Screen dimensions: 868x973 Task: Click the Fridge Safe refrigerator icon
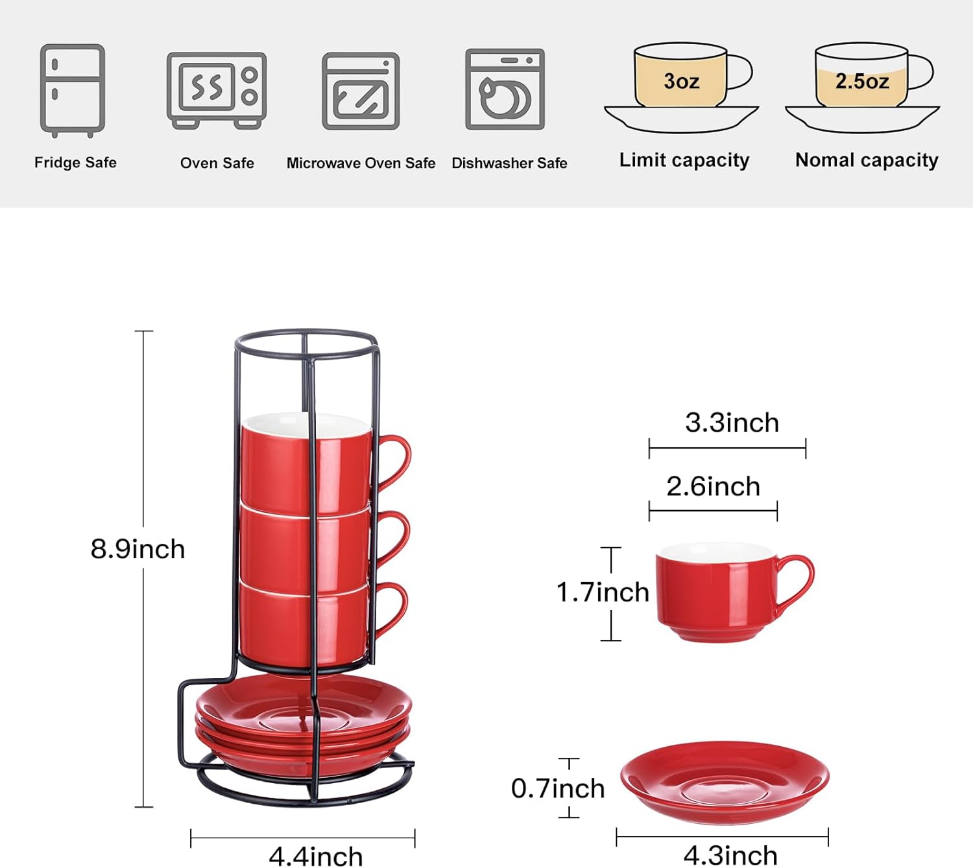pos(73,91)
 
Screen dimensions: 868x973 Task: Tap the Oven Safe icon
pos(217,91)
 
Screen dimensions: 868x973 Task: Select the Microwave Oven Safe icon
pos(361,91)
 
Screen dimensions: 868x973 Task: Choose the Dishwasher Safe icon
pos(505,89)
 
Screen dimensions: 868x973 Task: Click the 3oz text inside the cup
pos(681,82)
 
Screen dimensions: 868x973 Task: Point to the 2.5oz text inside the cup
pos(861,82)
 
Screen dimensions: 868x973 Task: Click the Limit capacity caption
pos(684,160)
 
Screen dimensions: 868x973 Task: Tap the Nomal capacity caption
pos(867,160)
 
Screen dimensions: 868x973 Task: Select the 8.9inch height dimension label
pos(138,549)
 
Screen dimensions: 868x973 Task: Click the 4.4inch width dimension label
pos(316,856)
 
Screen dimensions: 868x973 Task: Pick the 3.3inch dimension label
pos(732,423)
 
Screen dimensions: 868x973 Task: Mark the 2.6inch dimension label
pos(713,486)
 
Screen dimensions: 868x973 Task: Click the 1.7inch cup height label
pos(603,592)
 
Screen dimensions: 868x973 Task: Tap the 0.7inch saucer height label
pos(558,788)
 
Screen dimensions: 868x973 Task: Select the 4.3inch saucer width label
pos(730,856)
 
